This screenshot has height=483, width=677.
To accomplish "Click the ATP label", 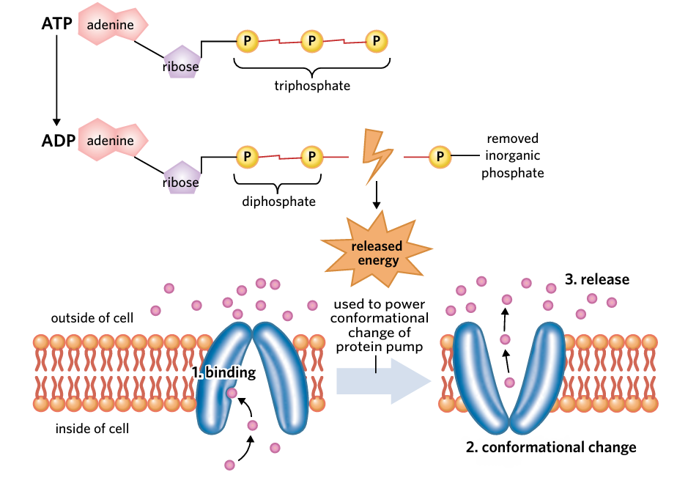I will click(x=56, y=24).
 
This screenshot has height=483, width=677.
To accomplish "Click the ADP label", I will click(x=58, y=140).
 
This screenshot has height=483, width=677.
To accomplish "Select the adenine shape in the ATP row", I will click(x=112, y=25).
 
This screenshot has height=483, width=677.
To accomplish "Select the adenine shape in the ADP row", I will click(x=112, y=141).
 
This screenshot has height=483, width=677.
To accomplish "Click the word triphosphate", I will click(x=312, y=86).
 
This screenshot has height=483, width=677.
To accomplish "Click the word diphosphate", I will click(x=278, y=201).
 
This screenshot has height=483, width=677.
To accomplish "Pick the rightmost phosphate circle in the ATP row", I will click(x=377, y=41).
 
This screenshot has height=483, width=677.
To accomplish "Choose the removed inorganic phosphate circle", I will click(x=440, y=156).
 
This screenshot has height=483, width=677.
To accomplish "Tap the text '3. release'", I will click(x=597, y=279).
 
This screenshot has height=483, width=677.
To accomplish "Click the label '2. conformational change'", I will click(x=551, y=446).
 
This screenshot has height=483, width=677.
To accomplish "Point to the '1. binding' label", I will click(x=223, y=372).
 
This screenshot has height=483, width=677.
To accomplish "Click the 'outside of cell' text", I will click(x=92, y=318).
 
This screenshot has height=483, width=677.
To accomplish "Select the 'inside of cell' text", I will click(x=92, y=428).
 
